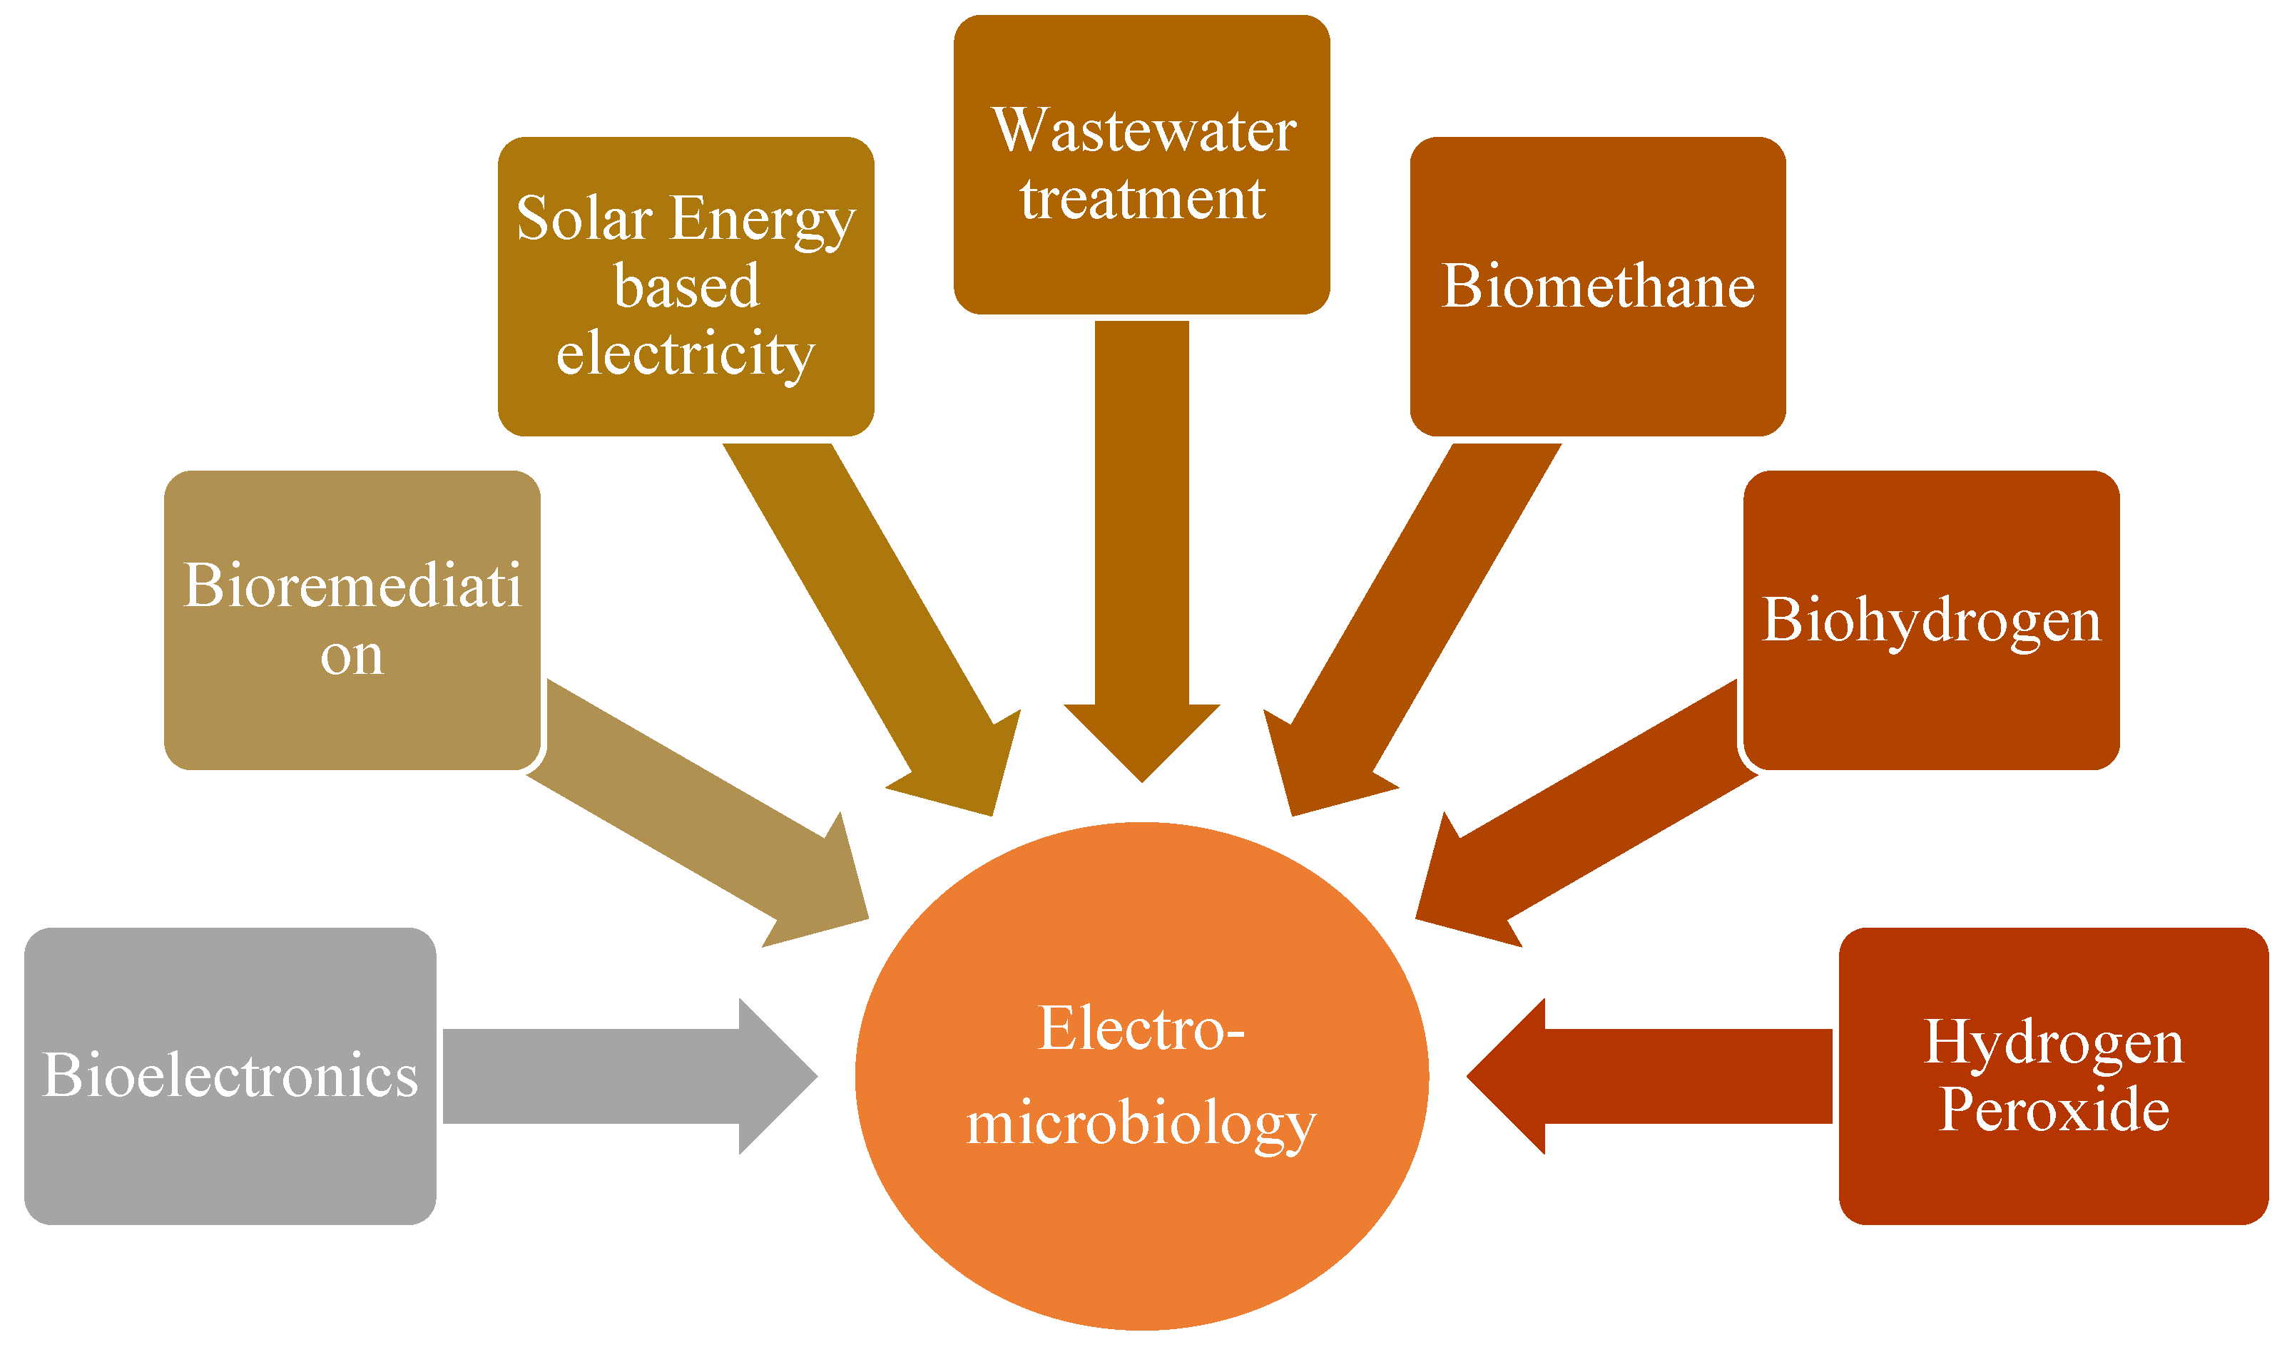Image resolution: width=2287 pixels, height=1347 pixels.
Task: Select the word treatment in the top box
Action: pyautogui.click(x=1142, y=199)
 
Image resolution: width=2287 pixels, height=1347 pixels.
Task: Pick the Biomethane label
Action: pyautogui.click(x=1598, y=287)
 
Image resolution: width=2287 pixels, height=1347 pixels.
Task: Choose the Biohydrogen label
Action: pyautogui.click(x=1931, y=621)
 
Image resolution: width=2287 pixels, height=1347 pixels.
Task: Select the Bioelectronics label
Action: pyautogui.click(x=230, y=1077)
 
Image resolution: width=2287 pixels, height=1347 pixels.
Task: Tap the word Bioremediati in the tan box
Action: pyautogui.click(x=352, y=585)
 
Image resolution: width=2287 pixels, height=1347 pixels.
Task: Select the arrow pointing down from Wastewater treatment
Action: pyautogui.click(x=1141, y=545)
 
